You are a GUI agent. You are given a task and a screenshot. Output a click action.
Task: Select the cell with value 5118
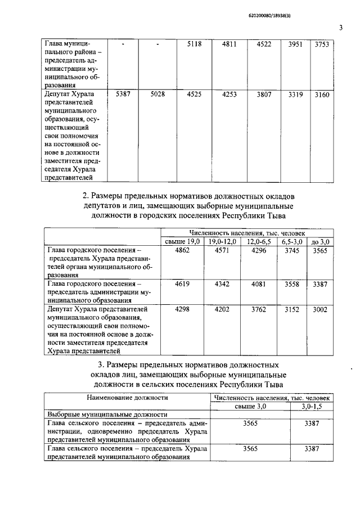194,44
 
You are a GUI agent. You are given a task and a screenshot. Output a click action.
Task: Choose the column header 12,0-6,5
259,241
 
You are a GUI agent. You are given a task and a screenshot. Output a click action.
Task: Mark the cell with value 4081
259,284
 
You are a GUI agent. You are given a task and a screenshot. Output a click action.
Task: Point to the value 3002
320,309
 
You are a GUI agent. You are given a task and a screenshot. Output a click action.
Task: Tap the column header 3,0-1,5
312,406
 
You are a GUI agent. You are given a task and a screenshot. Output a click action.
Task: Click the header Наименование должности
128,397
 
